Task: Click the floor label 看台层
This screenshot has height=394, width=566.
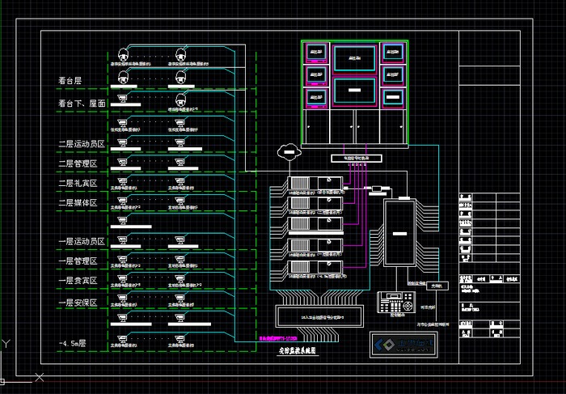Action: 70,81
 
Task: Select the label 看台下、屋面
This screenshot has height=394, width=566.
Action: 82,104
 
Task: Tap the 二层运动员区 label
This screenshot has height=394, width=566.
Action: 82,143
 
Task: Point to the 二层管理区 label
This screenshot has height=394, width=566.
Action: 78,163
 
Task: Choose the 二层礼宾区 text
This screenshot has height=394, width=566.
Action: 78,184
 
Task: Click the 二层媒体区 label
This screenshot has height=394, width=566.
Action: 78,203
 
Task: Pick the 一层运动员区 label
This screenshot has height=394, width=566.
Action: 82,242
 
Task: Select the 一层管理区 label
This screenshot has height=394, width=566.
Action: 78,261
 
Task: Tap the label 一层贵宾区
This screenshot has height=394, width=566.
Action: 78,281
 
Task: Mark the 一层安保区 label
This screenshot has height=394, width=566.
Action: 78,303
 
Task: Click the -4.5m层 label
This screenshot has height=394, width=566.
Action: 74,344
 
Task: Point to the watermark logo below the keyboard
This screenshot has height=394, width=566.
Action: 403,344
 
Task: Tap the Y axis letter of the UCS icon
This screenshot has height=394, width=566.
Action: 6,343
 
